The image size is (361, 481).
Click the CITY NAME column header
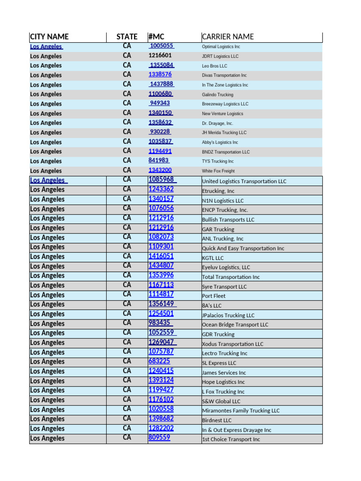[49, 37]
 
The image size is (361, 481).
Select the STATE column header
[127, 37]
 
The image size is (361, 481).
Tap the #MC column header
[156, 37]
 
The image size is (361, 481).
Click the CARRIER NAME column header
[228, 37]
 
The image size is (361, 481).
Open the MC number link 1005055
[162, 46]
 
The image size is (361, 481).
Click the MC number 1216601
[160, 55]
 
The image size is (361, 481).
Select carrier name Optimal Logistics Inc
[221, 47]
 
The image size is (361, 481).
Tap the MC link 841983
[159, 161]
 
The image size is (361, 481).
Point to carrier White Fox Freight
[218, 171]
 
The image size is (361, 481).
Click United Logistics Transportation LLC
[244, 181]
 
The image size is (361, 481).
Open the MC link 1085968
[162, 179]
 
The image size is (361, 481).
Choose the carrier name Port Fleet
[214, 296]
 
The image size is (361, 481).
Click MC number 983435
[160, 323]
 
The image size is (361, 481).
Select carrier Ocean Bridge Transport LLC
[235, 325]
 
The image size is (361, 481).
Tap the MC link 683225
[159, 361]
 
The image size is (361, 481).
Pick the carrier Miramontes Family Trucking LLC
[241, 411]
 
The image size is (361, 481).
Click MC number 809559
[159, 437]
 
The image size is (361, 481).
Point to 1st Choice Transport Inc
[231, 439]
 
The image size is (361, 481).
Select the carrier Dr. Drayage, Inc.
[217, 123]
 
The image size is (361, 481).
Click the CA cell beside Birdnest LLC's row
[127, 419]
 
